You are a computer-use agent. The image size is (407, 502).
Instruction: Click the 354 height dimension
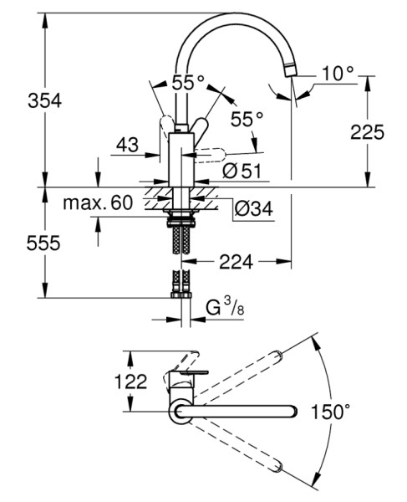tap(44, 100)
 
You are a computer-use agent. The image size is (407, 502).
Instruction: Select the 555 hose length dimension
tap(43, 243)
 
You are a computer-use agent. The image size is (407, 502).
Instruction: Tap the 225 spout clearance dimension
tap(368, 131)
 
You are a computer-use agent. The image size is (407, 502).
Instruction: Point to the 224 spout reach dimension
tap(236, 263)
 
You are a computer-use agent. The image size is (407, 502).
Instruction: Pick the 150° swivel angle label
tap(331, 412)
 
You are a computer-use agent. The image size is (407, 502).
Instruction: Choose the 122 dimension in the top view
tap(130, 381)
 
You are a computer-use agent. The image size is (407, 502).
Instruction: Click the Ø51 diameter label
tap(242, 171)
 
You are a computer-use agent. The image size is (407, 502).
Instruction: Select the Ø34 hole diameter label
tap(253, 208)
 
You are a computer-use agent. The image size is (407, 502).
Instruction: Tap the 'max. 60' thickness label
tap(98, 202)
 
